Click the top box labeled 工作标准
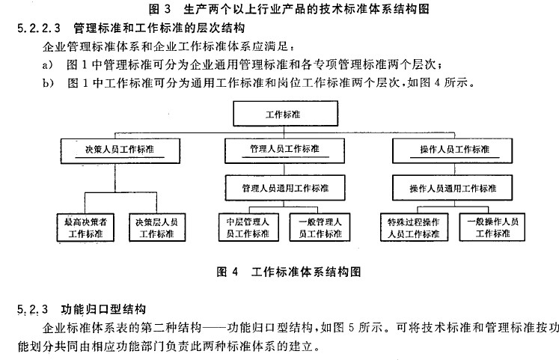(286, 113)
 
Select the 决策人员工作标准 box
(120, 151)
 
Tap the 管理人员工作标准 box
(284, 150)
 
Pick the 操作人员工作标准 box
(453, 150)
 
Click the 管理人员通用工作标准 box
(285, 188)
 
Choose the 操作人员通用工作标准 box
(453, 188)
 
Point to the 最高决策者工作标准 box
(85, 228)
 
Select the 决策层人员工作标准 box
(157, 228)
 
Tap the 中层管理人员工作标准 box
(248, 228)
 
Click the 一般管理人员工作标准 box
(320, 228)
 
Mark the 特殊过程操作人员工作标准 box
(414, 228)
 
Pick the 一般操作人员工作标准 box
(492, 227)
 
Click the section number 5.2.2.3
(39, 28)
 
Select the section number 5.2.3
(32, 309)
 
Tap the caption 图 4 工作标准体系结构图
(289, 272)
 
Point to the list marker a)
(48, 65)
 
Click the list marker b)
(48, 83)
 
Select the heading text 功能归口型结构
(103, 309)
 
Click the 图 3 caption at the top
(289, 8)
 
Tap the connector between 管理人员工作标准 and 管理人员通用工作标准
(284, 169)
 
